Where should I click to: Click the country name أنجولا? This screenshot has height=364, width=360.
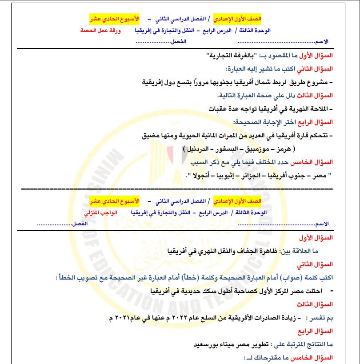(x=202, y=176)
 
